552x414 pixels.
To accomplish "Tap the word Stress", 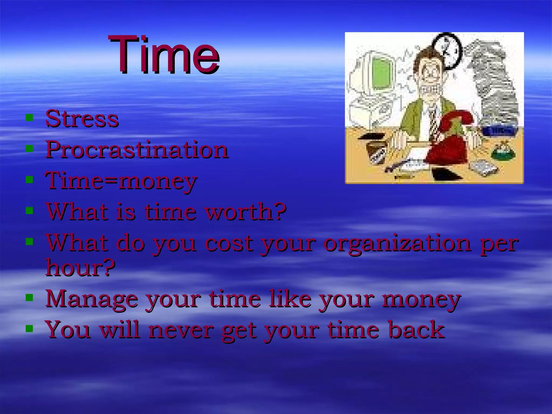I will coord(82,119).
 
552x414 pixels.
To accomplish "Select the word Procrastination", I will coord(137,150).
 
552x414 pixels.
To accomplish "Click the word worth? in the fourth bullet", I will coord(246,212).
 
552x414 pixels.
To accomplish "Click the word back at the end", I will coord(416,330).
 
